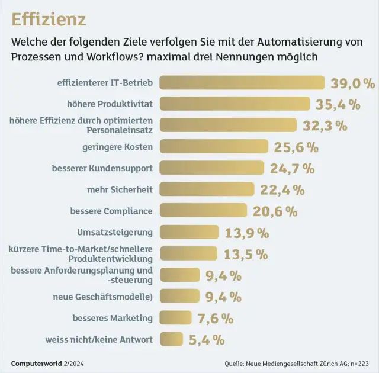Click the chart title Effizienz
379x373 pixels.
point(49,19)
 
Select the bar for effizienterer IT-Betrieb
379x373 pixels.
point(242,82)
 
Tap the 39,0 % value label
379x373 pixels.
point(352,83)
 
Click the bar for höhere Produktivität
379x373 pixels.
point(235,104)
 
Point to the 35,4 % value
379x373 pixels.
point(338,104)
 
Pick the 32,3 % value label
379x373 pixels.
point(325,126)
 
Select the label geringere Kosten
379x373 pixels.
point(117,146)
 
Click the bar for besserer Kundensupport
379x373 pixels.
point(212,168)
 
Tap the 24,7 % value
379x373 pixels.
point(292,169)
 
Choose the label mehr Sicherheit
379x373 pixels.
point(120,189)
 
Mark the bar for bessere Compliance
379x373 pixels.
point(203,211)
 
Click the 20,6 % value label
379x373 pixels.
point(275,211)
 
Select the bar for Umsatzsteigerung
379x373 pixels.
point(189,232)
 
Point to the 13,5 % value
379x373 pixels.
point(246,254)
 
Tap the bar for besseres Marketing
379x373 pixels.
point(176,318)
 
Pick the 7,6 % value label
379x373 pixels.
point(216,319)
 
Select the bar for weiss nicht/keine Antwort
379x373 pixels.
point(172,339)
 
